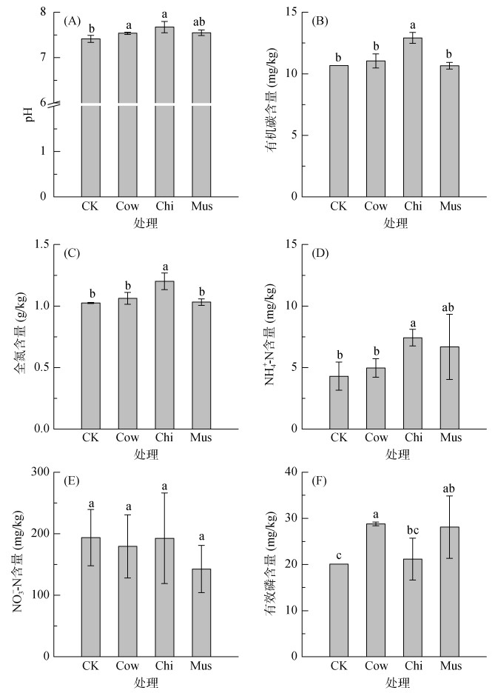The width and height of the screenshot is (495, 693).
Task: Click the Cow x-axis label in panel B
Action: [x=375, y=207]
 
